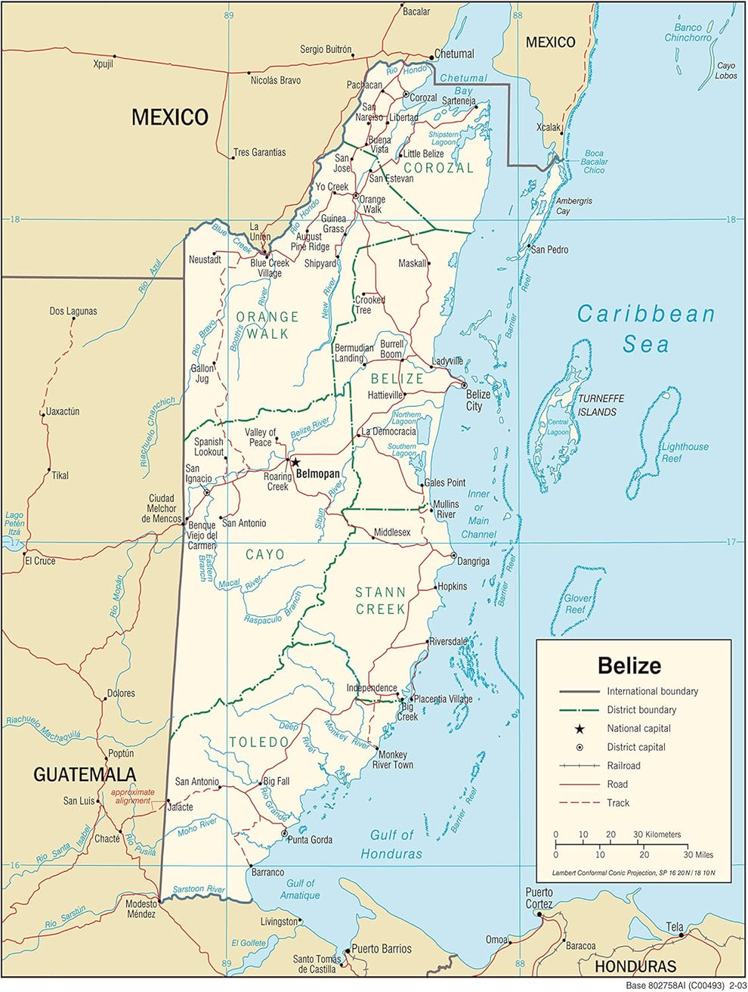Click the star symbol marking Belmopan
click(296, 463)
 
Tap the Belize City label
click(478, 400)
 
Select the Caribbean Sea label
click(646, 329)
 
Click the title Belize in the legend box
click(629, 665)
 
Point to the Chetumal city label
click(454, 54)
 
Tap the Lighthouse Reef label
click(685, 452)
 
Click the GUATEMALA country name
click(85, 774)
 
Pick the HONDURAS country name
click(635, 966)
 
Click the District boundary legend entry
click(641, 710)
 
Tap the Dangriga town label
click(473, 561)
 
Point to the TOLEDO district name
click(259, 742)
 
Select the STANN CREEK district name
click(381, 600)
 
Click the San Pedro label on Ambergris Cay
click(549, 250)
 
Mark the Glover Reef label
click(578, 603)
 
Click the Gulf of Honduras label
click(391, 844)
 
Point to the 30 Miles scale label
click(697, 854)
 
